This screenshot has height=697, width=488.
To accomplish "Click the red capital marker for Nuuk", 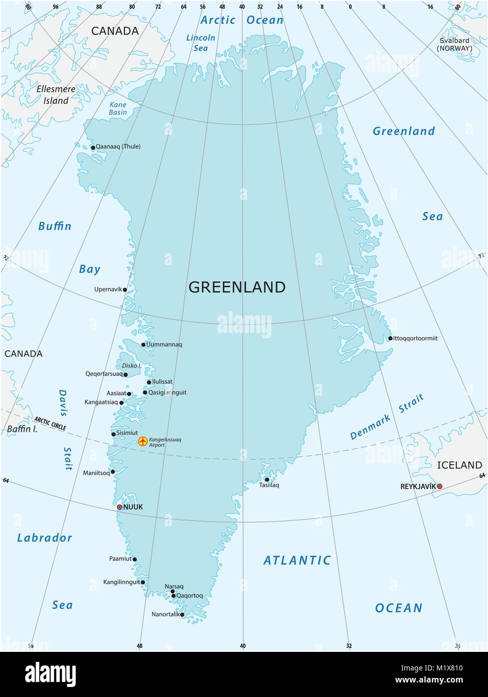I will (119, 507).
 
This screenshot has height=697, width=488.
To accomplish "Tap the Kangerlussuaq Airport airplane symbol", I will (143, 441).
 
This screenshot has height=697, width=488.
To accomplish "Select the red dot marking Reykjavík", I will (440, 486).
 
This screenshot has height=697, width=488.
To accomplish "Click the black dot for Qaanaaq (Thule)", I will (93, 147).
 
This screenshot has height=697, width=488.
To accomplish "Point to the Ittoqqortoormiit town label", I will (415, 338).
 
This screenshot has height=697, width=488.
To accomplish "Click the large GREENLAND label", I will (237, 287).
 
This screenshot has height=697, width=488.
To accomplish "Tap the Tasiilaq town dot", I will (267, 479).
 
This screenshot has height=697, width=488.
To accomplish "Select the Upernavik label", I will (108, 289).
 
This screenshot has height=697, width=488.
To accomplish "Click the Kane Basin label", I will (118, 109).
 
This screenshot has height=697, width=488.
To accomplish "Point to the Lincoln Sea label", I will (201, 43).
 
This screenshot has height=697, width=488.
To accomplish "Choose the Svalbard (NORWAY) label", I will (453, 44).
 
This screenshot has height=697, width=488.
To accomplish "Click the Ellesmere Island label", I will (56, 95).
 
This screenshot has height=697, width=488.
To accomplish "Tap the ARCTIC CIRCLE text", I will (50, 423).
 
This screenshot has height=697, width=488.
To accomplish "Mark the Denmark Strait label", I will (387, 417).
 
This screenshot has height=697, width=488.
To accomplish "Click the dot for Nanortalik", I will (182, 614).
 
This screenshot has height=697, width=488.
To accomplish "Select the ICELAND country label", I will (459, 465).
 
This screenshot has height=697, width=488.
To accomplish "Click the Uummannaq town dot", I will (143, 344).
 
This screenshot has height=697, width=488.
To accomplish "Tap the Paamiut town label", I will (120, 559).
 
